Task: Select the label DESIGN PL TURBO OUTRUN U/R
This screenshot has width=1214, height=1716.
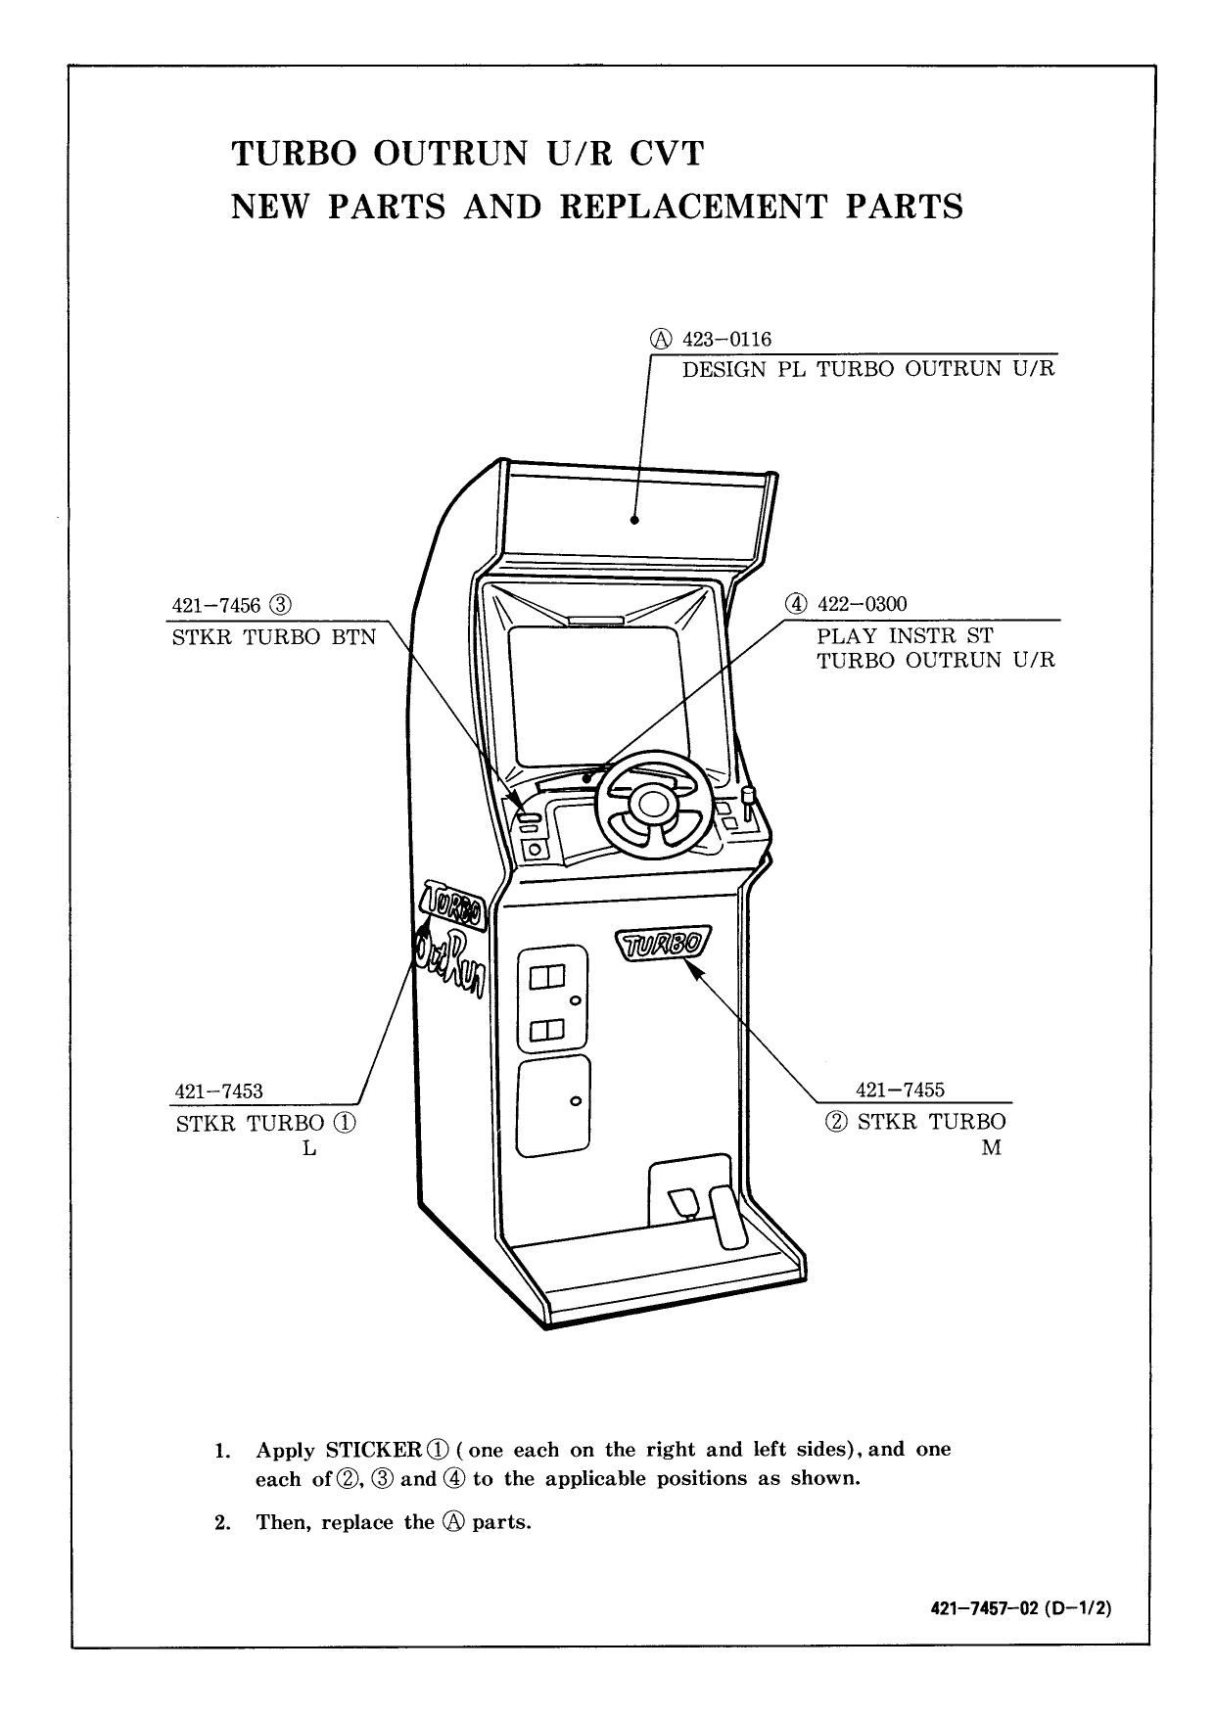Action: (868, 369)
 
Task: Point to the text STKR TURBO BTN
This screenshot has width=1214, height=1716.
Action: (273, 637)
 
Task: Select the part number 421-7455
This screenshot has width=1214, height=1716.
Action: (900, 1090)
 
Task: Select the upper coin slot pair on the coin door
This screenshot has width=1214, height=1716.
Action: (547, 977)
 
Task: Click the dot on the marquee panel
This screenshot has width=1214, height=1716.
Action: (634, 520)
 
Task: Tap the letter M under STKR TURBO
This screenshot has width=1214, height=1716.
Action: (991, 1148)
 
